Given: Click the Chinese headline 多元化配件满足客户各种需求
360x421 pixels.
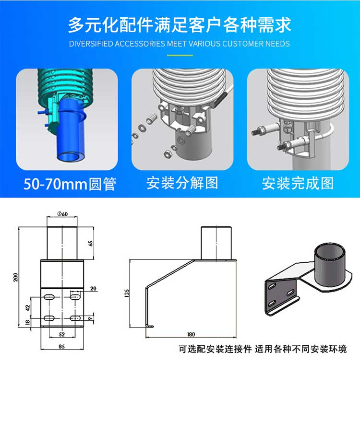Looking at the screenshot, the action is click(x=180, y=25).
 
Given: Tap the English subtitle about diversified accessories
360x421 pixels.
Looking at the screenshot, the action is click(x=180, y=44).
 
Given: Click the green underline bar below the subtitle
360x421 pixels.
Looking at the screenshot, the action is click(x=180, y=55).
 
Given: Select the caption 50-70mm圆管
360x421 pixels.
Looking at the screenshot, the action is click(x=70, y=184).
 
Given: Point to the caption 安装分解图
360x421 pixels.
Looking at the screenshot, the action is click(x=182, y=183).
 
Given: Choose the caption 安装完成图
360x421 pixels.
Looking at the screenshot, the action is click(x=298, y=183).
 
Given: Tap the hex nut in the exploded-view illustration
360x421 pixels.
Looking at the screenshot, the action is click(x=167, y=154).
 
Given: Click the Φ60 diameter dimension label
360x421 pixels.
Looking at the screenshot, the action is click(x=62, y=214).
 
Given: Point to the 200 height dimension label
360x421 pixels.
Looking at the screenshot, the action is click(x=15, y=277).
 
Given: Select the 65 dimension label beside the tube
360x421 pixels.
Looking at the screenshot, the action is click(x=91, y=243).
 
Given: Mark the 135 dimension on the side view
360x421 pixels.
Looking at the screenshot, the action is click(x=127, y=293).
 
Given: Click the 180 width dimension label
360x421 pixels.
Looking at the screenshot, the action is click(x=191, y=334).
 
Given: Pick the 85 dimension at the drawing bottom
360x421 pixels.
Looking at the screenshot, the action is click(x=61, y=346).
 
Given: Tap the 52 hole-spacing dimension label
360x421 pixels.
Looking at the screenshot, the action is click(x=61, y=334).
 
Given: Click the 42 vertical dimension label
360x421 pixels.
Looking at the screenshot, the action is click(x=28, y=308).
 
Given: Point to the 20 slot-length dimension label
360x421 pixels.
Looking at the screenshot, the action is click(x=93, y=289).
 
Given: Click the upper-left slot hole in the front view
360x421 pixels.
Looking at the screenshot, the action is click(x=49, y=297).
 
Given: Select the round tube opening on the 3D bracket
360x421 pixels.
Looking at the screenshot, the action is click(x=330, y=254).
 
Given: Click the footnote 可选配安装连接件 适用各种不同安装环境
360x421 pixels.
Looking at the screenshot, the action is click(x=263, y=349).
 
